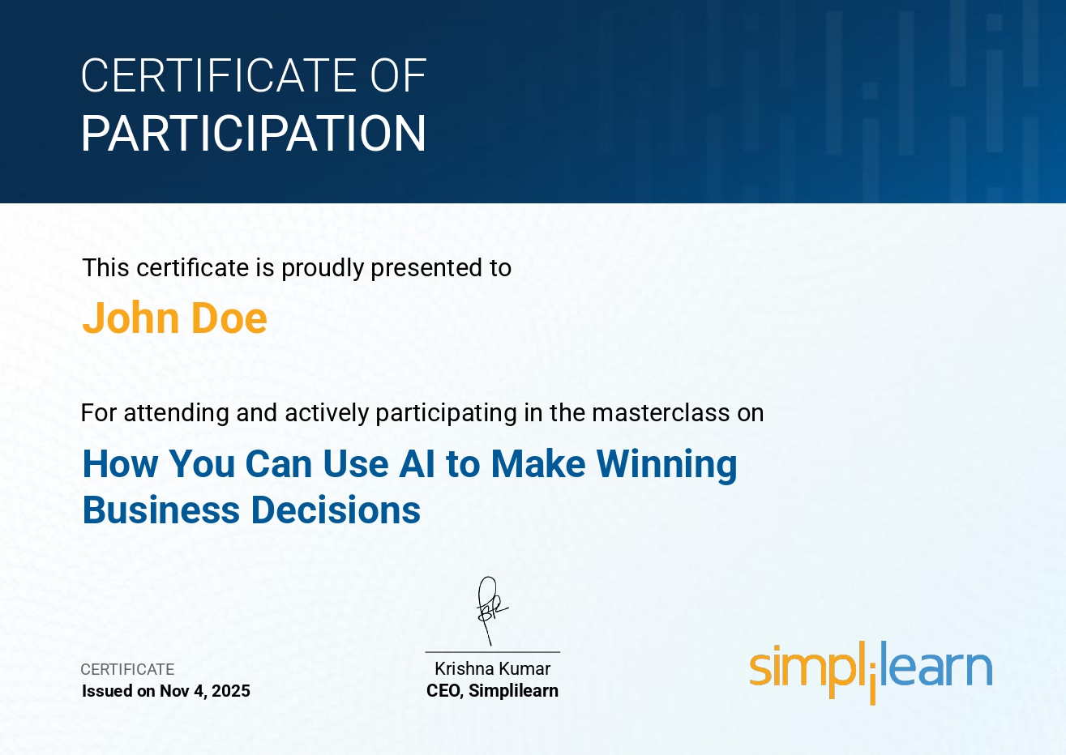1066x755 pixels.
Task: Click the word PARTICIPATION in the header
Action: point(254,133)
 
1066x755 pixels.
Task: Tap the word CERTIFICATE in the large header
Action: point(220,75)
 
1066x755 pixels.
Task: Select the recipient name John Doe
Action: point(174,318)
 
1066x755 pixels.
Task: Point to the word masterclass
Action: point(661,412)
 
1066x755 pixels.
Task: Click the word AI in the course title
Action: point(417,463)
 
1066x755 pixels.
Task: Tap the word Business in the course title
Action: point(161,510)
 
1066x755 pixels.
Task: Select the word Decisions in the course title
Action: point(336,510)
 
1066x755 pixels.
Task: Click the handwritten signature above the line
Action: point(490,611)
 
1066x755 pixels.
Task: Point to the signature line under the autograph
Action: point(493,652)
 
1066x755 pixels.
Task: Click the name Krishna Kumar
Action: point(493,669)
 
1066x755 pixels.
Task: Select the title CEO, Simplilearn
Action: point(493,691)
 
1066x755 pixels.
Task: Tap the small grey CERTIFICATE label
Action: point(127,669)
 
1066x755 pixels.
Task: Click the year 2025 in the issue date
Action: point(231,691)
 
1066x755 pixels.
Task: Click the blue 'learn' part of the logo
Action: point(936,664)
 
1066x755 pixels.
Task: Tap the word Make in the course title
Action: point(538,463)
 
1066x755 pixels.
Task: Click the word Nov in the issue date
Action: point(174,691)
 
